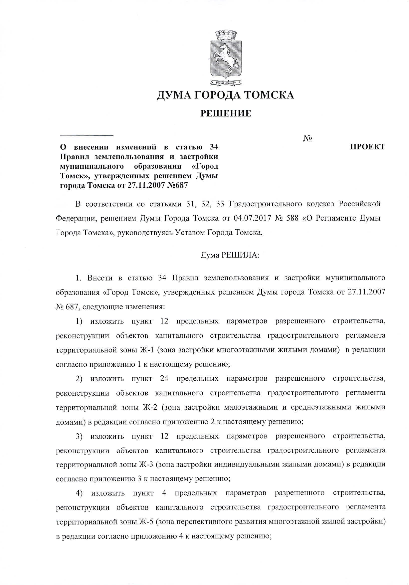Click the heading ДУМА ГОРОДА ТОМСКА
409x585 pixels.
225,96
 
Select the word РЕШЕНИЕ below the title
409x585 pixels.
225,113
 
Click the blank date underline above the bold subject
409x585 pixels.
87,135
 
